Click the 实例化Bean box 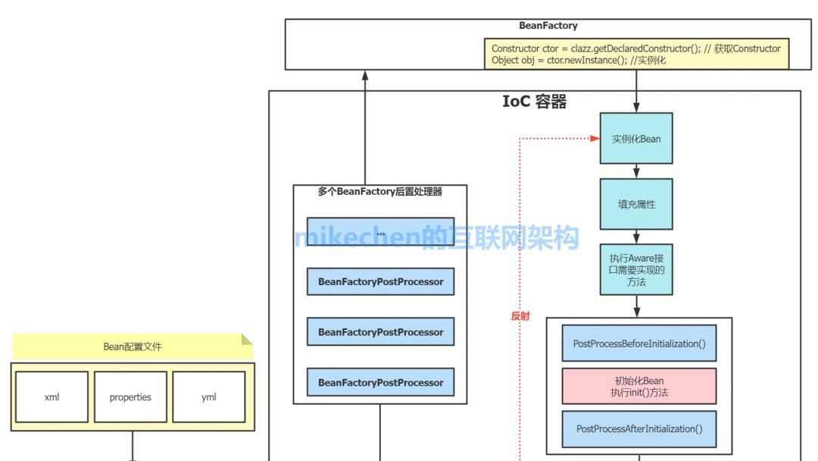636,139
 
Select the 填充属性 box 636,204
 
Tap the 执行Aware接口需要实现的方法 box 636,269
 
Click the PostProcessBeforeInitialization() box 639,343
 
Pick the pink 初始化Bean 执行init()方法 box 639,386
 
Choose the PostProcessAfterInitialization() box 639,428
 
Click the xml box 52,397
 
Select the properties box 130,397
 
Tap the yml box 209,397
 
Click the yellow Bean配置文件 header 133,347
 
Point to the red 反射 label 520,316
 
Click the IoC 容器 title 535,102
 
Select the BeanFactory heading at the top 548,26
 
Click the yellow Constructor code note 636,54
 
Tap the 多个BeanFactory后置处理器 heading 380,192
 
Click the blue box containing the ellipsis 380,232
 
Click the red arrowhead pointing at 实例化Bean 595,139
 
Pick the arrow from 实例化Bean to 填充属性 636,171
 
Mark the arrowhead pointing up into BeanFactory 365,75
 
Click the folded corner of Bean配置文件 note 247,339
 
